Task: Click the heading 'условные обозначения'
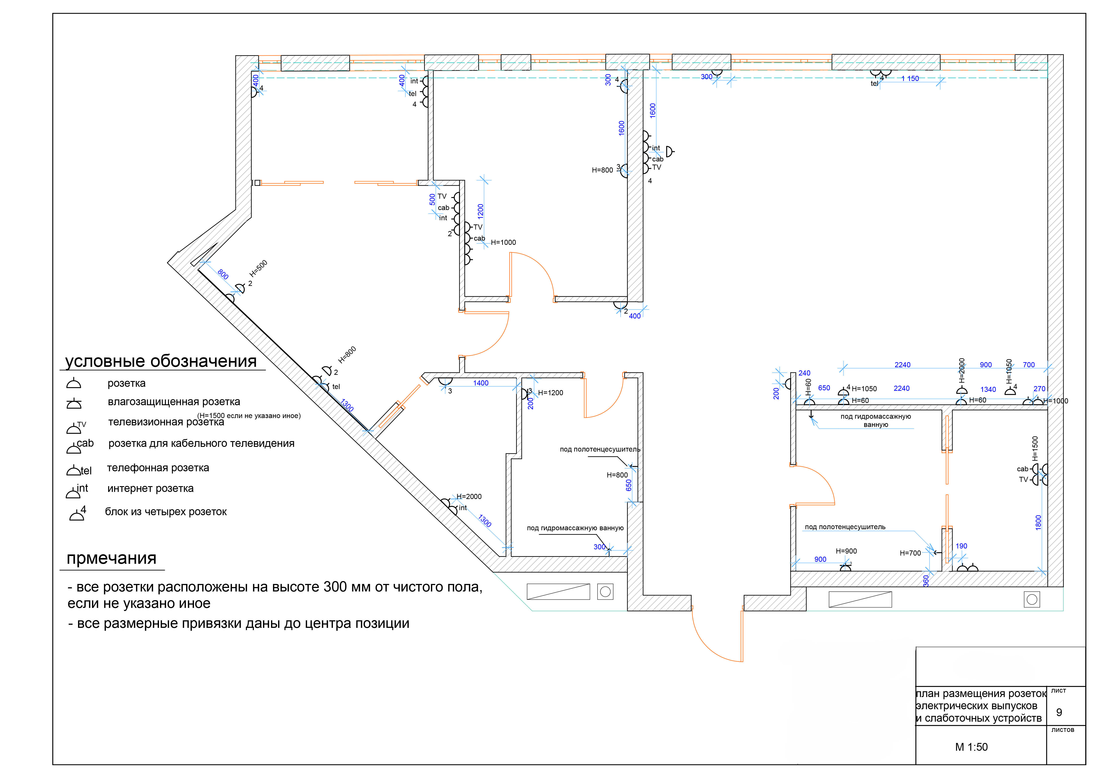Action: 161,361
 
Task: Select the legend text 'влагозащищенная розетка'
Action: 174,402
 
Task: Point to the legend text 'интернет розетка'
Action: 150,489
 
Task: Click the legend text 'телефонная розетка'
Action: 158,468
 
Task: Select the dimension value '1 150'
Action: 910,79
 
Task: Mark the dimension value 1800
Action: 1038,523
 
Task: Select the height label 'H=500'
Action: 259,269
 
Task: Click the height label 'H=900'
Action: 846,551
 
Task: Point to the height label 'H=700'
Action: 910,553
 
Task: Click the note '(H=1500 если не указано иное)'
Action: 249,416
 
